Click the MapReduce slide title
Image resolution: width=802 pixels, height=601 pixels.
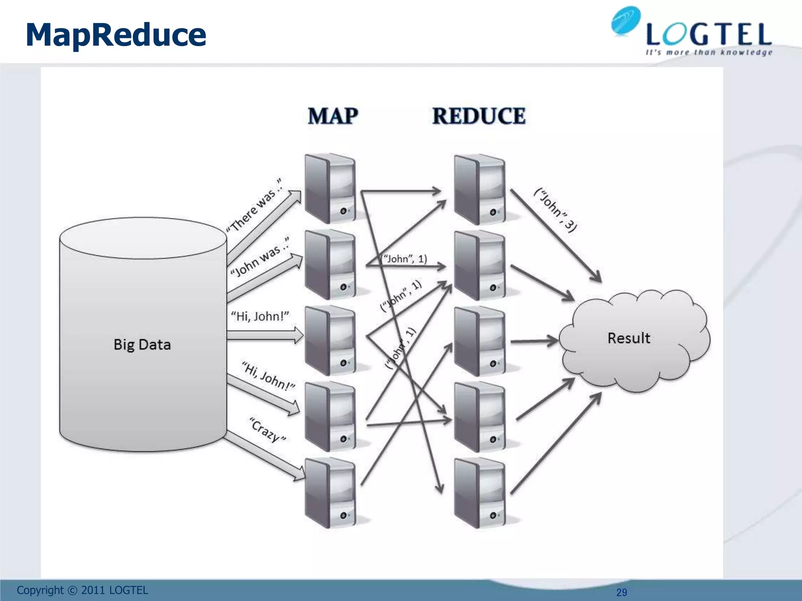[116, 35]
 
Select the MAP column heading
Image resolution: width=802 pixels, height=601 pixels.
[333, 116]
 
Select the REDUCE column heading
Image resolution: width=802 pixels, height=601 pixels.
[479, 116]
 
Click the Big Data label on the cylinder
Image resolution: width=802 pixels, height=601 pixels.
[142, 344]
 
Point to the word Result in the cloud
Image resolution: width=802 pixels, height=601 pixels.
[629, 338]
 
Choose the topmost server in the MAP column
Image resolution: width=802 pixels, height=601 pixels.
[331, 189]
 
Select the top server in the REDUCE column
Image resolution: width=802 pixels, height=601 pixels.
[479, 189]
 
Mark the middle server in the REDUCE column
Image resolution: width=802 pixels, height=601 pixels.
[479, 341]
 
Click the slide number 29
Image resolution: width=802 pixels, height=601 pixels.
[621, 592]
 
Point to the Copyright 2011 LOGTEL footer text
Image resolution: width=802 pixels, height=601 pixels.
[83, 590]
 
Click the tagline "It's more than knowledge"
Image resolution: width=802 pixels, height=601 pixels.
[709, 52]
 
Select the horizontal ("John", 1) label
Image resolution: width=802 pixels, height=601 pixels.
[404, 259]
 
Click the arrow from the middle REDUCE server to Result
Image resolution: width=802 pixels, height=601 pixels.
[534, 341]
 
